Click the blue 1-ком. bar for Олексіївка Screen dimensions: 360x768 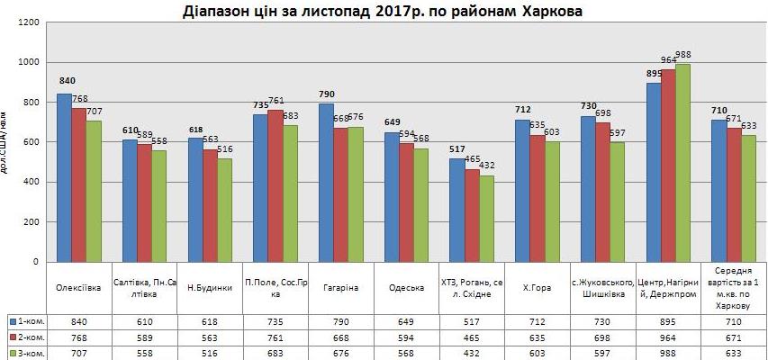(x=64, y=177)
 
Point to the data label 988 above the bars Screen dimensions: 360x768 (x=683, y=55)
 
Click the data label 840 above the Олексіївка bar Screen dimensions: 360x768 (x=64, y=79)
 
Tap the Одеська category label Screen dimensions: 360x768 (x=407, y=288)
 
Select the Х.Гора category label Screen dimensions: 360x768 (x=537, y=288)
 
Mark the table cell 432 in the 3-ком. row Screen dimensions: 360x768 (x=472, y=354)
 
